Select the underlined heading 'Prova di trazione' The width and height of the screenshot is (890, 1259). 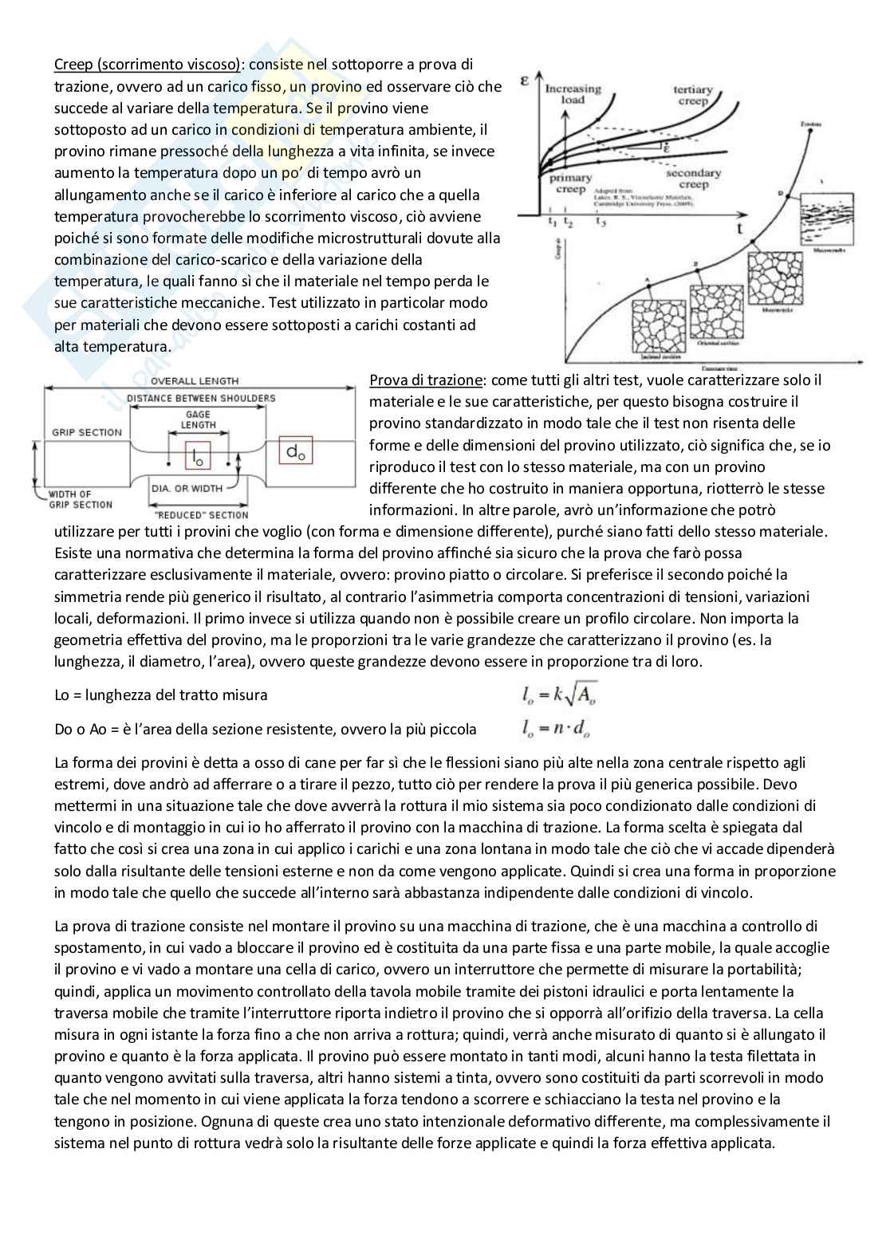(x=425, y=380)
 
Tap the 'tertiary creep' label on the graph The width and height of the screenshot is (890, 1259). (x=692, y=96)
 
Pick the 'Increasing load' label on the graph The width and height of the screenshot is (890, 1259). (x=573, y=94)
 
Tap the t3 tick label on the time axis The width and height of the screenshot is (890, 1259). (x=601, y=222)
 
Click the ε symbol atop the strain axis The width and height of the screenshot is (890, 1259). (x=526, y=81)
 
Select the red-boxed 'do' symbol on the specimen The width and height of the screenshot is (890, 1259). (x=295, y=452)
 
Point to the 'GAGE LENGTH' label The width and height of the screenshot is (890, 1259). (x=198, y=419)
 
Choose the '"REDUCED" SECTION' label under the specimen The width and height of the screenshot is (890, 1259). (x=199, y=514)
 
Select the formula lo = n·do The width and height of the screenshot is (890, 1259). (x=556, y=727)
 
